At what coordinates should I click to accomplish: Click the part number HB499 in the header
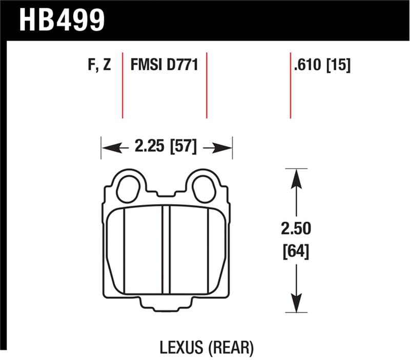61,19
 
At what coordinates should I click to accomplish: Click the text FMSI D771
165,66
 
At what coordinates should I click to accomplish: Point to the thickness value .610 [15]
322,66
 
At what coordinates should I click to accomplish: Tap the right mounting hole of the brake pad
206,189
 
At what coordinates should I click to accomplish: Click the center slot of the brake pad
166,251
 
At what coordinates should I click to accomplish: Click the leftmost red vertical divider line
122,85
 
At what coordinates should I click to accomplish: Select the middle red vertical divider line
207,85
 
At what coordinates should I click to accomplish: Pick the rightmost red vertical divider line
291,85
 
